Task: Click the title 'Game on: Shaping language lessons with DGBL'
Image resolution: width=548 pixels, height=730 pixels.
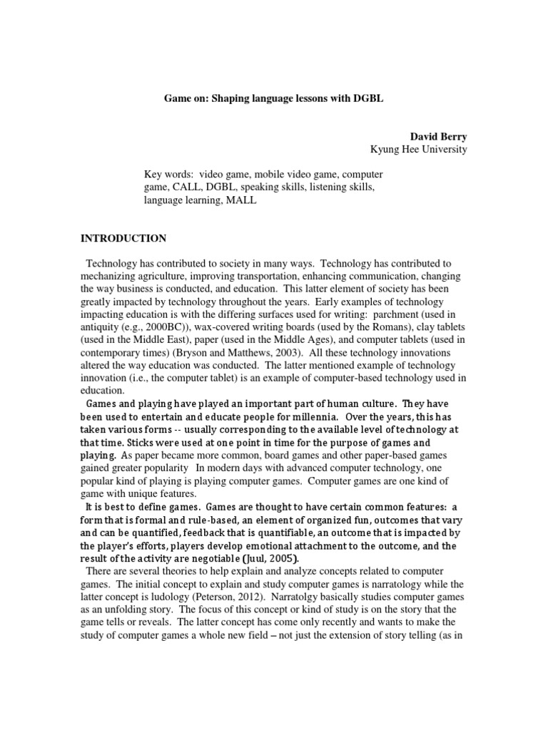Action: coord(275,99)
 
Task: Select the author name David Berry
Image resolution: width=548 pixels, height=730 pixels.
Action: coord(438,135)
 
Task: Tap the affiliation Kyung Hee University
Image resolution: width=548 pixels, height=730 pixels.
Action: coord(418,149)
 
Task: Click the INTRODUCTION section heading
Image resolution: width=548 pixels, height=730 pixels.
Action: coord(123,238)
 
